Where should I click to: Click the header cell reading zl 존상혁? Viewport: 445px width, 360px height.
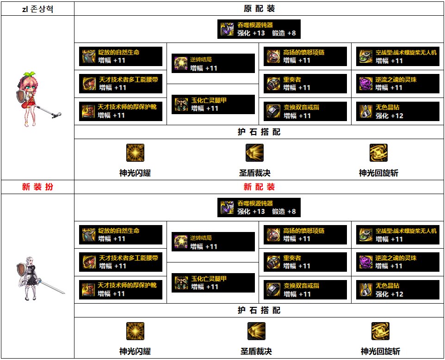37,9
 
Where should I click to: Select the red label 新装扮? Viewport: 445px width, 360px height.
37,187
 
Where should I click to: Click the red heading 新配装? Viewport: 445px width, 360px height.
259,187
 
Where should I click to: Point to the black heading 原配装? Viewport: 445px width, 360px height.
259,9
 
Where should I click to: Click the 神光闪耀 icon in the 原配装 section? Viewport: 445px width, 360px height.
135,153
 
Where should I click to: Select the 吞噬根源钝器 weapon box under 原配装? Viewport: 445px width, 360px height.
259,29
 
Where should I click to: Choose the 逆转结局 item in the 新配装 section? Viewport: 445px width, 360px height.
213,242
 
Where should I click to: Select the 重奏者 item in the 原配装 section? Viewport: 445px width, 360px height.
305,84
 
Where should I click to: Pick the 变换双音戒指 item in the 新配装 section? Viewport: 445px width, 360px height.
305,290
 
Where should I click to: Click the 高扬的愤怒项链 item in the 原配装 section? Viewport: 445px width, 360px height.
305,56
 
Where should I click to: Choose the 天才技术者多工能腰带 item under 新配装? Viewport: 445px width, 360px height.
120,262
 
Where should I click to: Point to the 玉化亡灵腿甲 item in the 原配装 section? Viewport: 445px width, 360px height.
213,104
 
